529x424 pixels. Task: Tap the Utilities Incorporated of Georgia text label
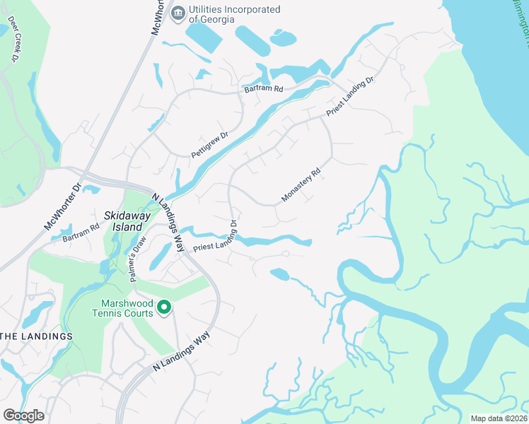tap(234, 14)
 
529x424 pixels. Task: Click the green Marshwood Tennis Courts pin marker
tap(164, 307)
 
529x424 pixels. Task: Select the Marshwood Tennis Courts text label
tap(122, 307)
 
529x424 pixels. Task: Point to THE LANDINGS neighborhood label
tap(36, 336)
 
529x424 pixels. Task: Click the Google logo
tap(23, 415)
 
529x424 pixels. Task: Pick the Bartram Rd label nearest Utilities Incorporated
tap(263, 90)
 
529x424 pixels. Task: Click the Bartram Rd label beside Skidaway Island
tap(81, 232)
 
